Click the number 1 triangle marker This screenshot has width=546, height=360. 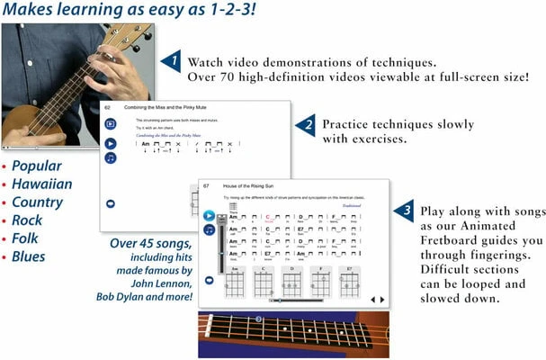(x=171, y=60)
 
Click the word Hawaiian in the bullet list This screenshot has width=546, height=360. (x=44, y=185)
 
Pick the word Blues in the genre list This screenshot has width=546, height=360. (x=30, y=256)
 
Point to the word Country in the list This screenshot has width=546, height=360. (x=38, y=202)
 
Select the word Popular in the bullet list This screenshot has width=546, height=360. (x=39, y=167)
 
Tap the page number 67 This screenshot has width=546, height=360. (x=206, y=185)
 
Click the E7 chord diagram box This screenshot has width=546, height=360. (x=348, y=281)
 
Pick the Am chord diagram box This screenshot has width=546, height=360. (x=233, y=281)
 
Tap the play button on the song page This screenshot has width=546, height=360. (x=209, y=216)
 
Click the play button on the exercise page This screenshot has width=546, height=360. (x=110, y=143)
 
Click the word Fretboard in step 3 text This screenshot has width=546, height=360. (x=452, y=240)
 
